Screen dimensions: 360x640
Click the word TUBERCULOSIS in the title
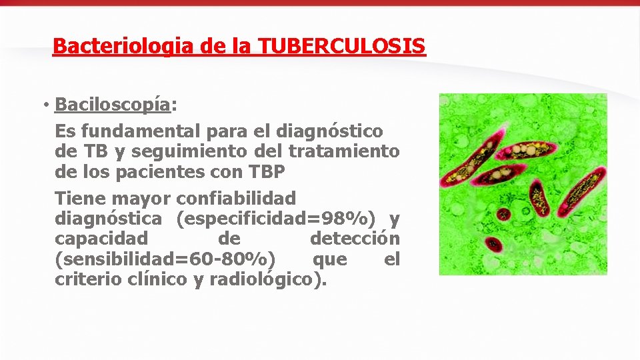click(x=341, y=46)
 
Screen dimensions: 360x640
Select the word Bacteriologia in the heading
click(x=115, y=46)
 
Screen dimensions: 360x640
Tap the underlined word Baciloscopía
click(x=112, y=105)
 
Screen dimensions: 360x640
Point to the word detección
click(x=355, y=238)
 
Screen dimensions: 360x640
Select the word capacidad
click(x=101, y=238)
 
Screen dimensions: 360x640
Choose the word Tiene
click(x=79, y=198)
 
